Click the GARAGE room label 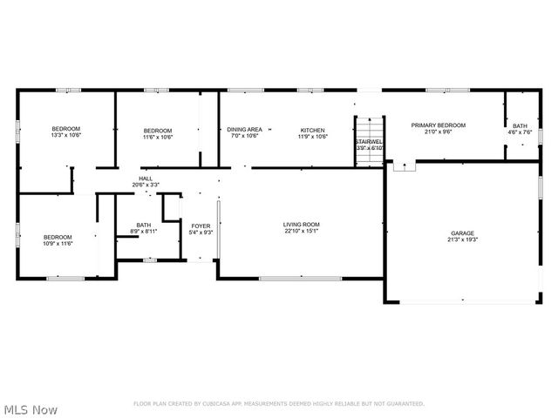tap(462, 233)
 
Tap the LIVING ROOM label tap(301, 225)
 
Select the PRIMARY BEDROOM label tap(438, 125)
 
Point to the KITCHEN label tap(313, 130)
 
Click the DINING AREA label tap(245, 130)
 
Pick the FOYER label tap(201, 226)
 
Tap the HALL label tap(146, 179)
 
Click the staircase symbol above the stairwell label tap(369, 125)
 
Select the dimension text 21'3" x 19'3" tap(462, 239)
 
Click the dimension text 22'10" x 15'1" tap(301, 231)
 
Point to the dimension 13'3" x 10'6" tap(65, 136)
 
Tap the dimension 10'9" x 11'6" tap(58, 243)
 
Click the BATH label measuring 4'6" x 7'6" tap(520, 126)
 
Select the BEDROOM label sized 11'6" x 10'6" tap(158, 130)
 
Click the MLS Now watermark tap(31, 409)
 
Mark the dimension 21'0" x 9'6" tap(438, 131)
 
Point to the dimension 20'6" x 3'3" tap(146, 185)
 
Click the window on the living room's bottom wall tap(288, 278)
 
